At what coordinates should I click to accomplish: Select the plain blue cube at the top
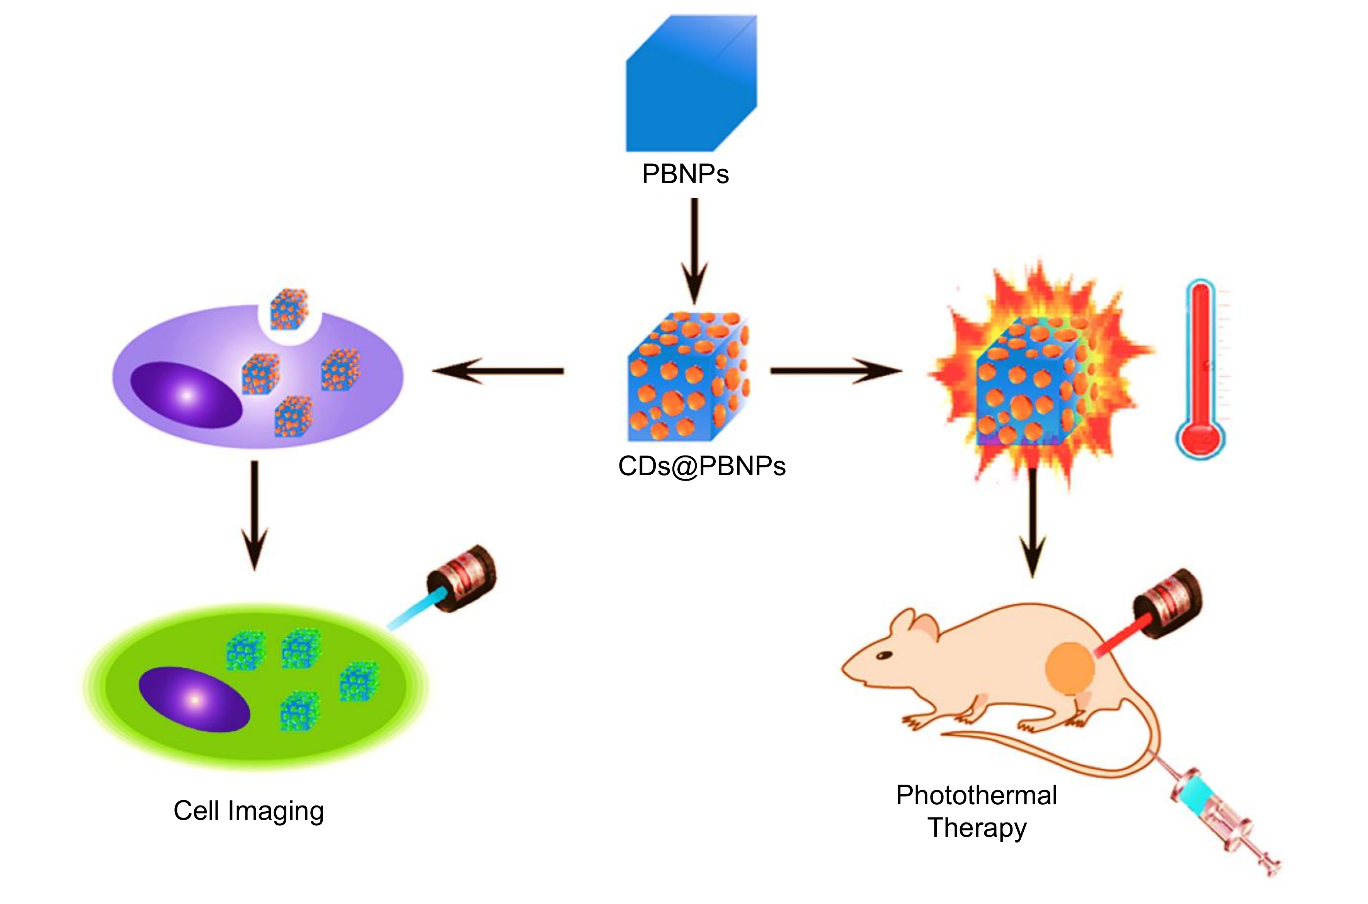691,87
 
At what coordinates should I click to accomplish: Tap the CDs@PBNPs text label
701,466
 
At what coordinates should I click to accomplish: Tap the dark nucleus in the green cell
194,699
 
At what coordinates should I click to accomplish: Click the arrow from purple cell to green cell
254,513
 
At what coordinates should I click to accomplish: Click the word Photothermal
976,795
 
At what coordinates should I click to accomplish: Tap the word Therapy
977,828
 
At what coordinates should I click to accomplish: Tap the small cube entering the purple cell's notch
289,308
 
